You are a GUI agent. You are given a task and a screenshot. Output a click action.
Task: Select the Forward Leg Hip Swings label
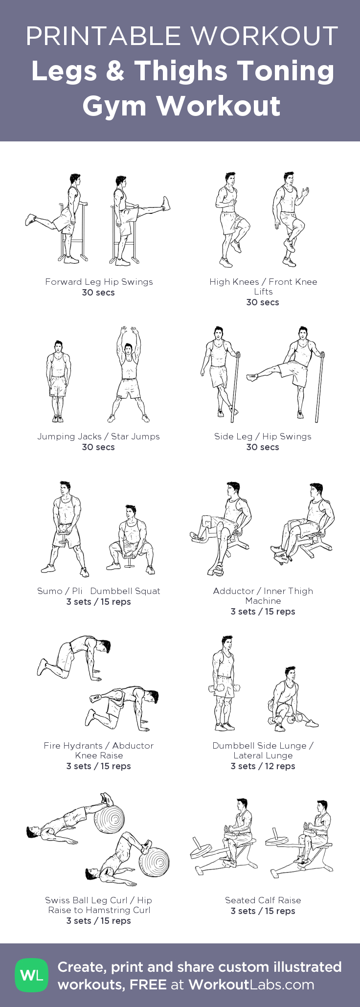[x=99, y=282]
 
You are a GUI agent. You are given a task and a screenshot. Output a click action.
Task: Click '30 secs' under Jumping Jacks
[x=98, y=447]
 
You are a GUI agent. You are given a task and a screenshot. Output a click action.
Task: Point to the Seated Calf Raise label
[x=263, y=900]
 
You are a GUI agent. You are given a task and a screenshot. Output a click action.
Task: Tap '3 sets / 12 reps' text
[x=263, y=766]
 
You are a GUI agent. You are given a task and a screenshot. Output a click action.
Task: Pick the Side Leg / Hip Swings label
[x=263, y=436]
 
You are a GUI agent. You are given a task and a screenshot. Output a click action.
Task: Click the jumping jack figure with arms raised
[x=129, y=375]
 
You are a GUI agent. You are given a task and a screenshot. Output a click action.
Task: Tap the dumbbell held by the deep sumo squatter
[x=130, y=558]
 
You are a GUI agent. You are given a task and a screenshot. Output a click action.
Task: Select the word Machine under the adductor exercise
[x=263, y=601]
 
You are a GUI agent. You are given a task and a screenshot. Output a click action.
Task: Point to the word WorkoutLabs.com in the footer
[x=251, y=984]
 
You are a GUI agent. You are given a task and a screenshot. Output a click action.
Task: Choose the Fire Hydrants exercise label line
[x=99, y=746]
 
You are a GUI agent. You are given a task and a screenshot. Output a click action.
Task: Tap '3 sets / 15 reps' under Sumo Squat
[x=99, y=602]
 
